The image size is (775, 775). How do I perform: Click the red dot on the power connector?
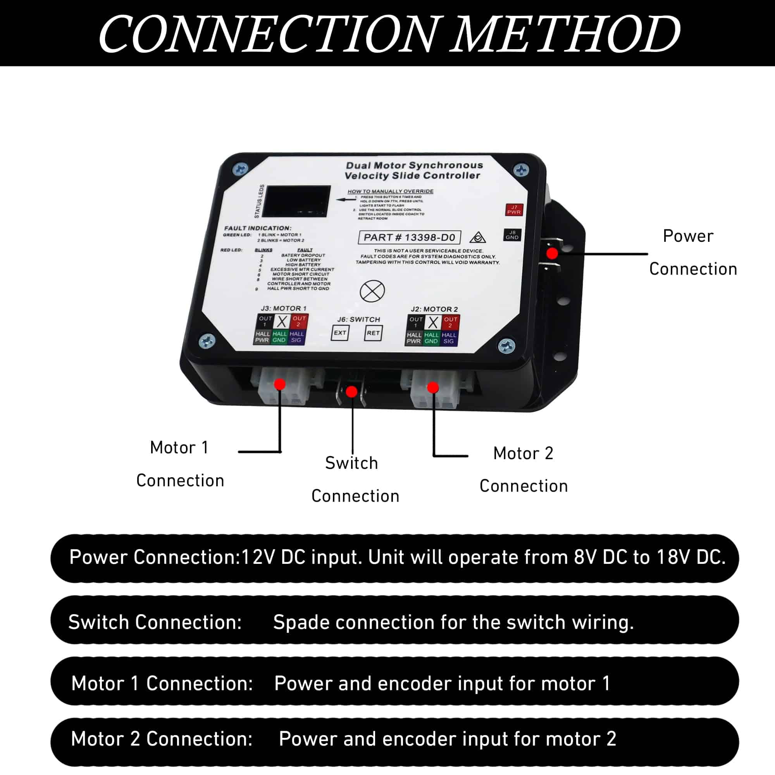552,253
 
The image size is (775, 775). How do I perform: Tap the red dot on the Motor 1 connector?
280,384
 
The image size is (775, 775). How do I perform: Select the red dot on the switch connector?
352,391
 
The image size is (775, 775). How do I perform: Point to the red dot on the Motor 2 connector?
433,387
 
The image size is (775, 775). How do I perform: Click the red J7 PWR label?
514,209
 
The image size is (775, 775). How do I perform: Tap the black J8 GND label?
512,235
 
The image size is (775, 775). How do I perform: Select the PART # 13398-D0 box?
409,238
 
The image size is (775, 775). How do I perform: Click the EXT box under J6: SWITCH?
340,333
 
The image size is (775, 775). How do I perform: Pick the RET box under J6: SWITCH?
373,333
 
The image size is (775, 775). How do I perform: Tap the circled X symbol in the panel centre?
372,291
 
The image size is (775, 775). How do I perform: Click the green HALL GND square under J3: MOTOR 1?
280,337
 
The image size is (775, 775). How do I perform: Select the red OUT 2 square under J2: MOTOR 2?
450,322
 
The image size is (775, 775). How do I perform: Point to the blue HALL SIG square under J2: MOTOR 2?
449,338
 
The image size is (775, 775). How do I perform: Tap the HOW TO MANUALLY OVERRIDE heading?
390,191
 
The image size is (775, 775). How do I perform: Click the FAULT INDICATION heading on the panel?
258,228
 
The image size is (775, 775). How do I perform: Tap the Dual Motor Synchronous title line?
414,165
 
